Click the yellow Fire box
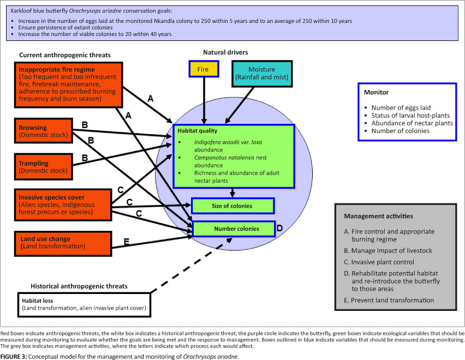(203, 69)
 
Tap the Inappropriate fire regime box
(67, 85)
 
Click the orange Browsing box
(42, 131)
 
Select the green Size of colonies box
(233, 206)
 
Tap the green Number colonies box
(233, 229)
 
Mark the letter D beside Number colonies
(279, 228)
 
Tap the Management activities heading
(378, 216)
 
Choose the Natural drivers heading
(225, 53)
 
